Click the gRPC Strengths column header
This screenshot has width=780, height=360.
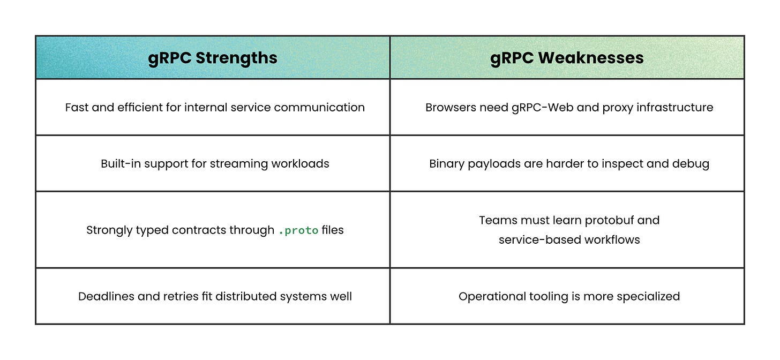point(212,58)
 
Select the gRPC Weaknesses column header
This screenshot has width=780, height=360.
point(567,58)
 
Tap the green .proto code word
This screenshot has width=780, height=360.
point(298,230)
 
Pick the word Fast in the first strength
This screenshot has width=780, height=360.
point(77,107)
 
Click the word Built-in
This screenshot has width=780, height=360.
point(121,163)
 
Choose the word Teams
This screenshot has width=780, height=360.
point(496,220)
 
